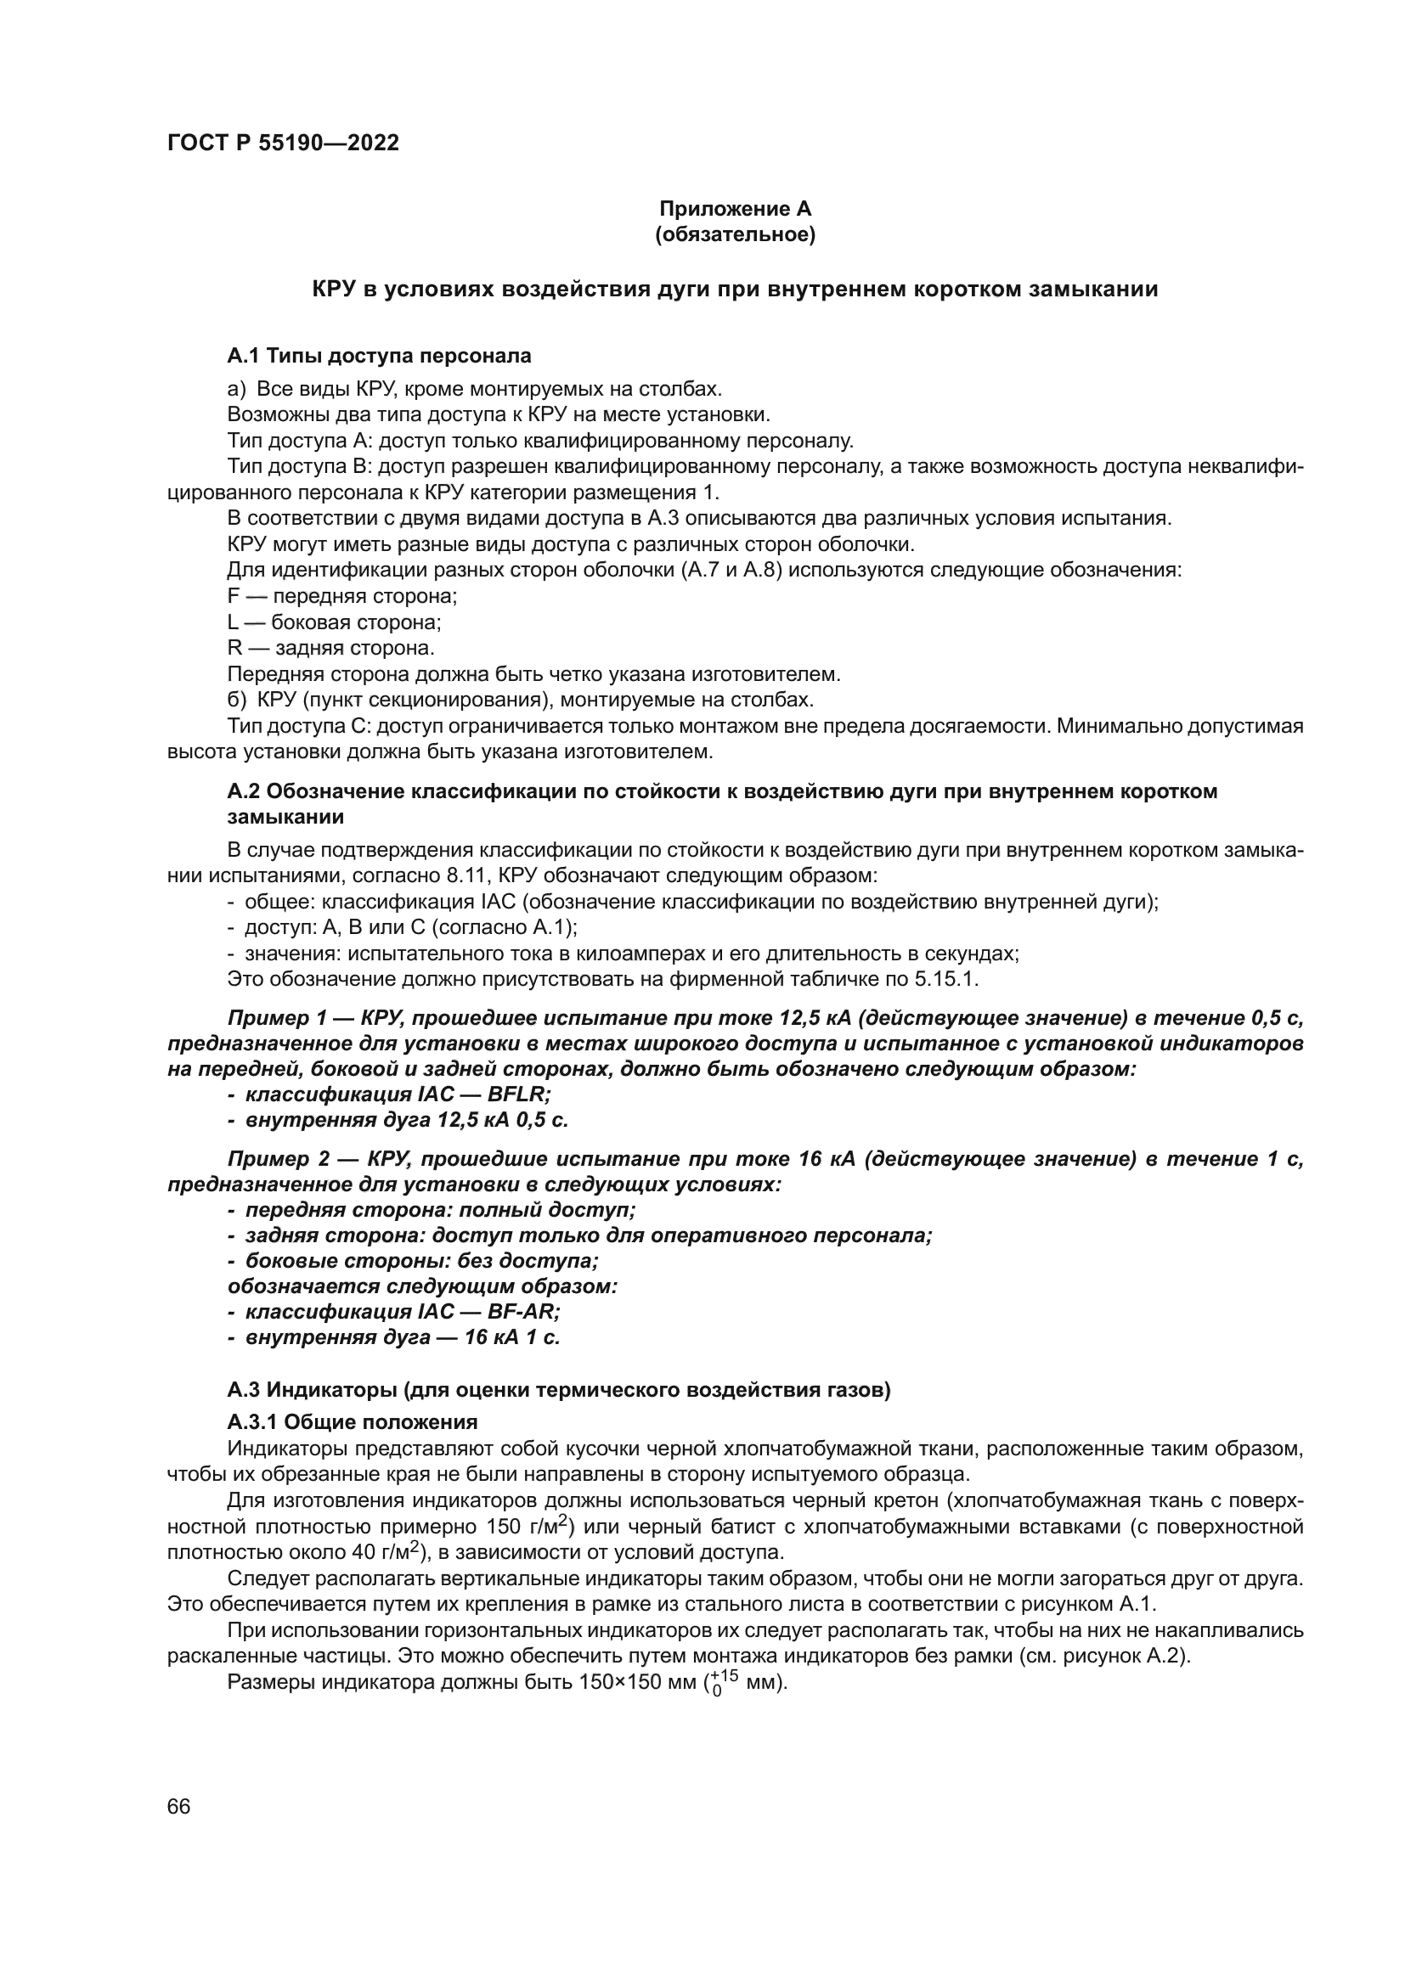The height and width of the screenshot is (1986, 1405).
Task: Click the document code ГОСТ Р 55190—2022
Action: (x=283, y=143)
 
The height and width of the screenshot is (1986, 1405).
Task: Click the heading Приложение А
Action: (x=735, y=209)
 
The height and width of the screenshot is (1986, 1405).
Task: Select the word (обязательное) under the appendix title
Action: (x=735, y=234)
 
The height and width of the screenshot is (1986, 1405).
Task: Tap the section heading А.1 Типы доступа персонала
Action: (x=379, y=356)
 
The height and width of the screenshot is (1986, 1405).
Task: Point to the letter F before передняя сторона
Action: (x=233, y=596)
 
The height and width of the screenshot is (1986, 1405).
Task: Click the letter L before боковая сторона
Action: (x=232, y=622)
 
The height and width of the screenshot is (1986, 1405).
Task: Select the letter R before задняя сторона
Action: (x=234, y=648)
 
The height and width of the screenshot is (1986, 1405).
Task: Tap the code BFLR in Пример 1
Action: (x=518, y=1094)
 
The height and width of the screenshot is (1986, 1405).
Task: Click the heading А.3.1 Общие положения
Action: (x=353, y=1422)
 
